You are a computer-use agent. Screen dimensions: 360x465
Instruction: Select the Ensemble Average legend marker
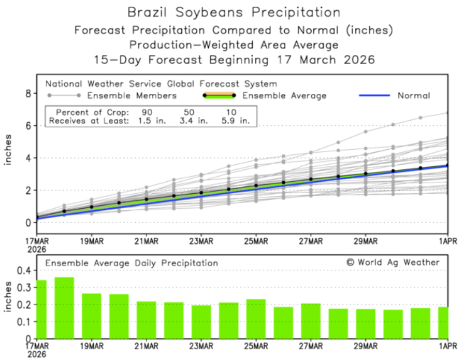click(218, 95)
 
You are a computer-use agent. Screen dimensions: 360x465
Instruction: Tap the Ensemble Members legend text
click(132, 95)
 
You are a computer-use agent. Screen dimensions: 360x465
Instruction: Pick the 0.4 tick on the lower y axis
click(23, 270)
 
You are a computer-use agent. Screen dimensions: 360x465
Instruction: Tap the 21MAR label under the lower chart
click(146, 346)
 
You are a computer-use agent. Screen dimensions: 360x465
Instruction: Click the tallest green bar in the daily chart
click(64, 307)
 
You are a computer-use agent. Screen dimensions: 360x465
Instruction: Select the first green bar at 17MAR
click(41, 309)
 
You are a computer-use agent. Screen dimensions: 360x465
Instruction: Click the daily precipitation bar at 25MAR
click(256, 319)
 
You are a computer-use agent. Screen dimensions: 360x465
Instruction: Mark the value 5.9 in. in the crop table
click(238, 121)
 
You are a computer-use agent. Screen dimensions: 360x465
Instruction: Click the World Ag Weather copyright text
click(393, 262)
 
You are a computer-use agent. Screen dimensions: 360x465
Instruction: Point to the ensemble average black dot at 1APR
click(447, 166)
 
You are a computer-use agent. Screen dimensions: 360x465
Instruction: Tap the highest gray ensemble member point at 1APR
click(447, 112)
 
